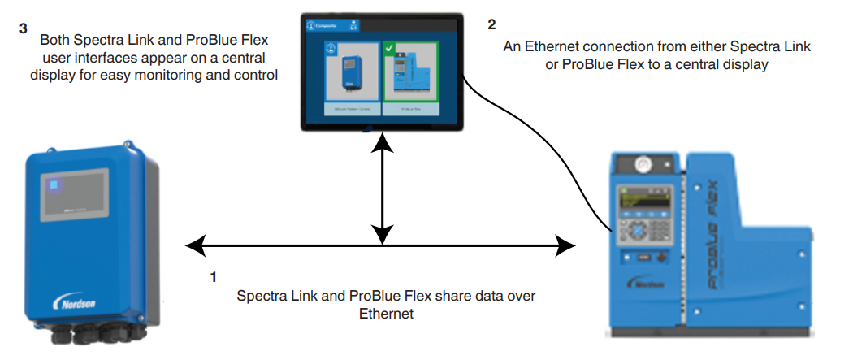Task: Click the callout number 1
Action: (213, 276)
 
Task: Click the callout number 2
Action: (491, 24)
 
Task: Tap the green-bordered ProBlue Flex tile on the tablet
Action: (410, 77)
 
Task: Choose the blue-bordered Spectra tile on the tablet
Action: (353, 77)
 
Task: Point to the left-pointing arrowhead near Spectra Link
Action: (193, 243)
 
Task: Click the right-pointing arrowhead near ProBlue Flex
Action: (567, 243)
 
